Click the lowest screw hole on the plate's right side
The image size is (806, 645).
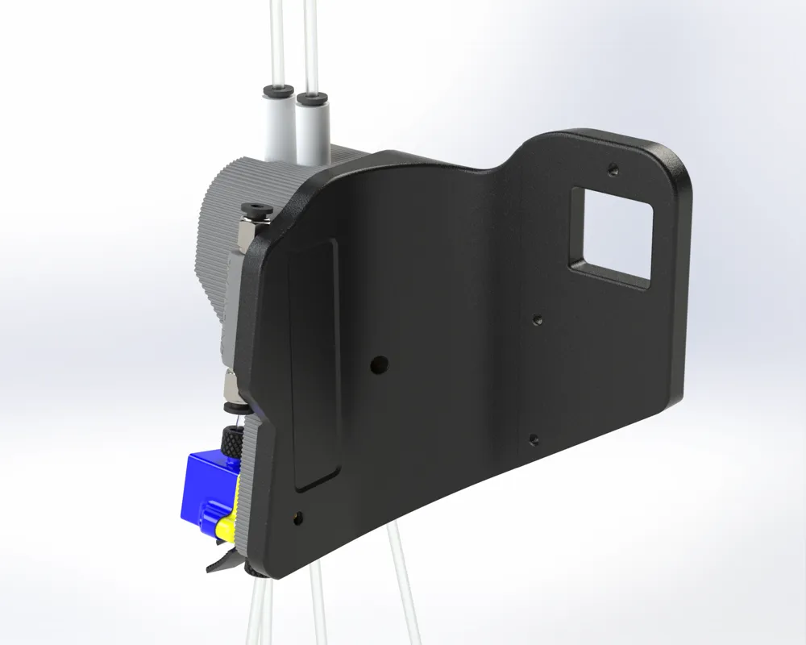click(x=533, y=439)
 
